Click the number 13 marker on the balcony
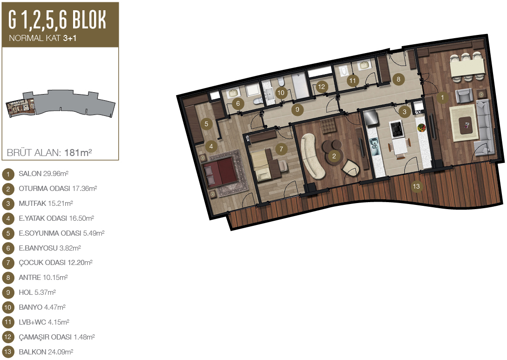(416, 186)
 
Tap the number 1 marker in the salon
(442, 97)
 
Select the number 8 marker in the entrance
(399, 79)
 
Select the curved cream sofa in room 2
(312, 156)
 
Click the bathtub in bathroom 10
(301, 86)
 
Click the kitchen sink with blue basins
(374, 147)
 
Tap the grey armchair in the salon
(464, 95)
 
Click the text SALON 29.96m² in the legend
(43, 174)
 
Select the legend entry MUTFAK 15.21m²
(46, 204)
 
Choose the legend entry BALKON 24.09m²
(46, 352)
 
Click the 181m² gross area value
(78, 152)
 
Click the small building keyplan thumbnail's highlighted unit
(20, 107)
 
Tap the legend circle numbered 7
(8, 263)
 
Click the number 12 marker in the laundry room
(321, 86)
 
